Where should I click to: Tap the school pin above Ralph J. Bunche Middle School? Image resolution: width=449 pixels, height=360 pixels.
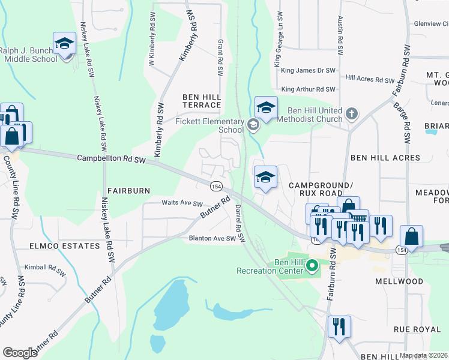tap(64, 43)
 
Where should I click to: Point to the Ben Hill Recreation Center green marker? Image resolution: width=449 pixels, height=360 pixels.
tap(312, 265)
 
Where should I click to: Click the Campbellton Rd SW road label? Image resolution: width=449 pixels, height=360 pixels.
tap(112, 159)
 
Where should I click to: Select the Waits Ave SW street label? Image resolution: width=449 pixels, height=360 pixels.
tap(182, 203)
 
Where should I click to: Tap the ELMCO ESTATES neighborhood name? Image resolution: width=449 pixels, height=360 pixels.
tap(64, 247)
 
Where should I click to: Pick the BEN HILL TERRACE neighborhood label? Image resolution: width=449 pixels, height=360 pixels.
tap(202, 101)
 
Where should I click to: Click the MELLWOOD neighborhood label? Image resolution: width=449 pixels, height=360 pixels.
tap(399, 281)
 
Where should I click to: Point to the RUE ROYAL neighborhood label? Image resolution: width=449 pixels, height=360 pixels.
tap(418, 329)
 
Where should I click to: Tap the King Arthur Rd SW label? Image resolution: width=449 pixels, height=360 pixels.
tap(308, 89)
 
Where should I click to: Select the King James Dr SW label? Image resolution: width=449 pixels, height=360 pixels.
tap(308, 71)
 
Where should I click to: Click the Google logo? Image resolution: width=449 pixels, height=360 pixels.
tap(20, 352)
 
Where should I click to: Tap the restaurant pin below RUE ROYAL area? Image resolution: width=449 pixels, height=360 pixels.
tap(339, 327)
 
